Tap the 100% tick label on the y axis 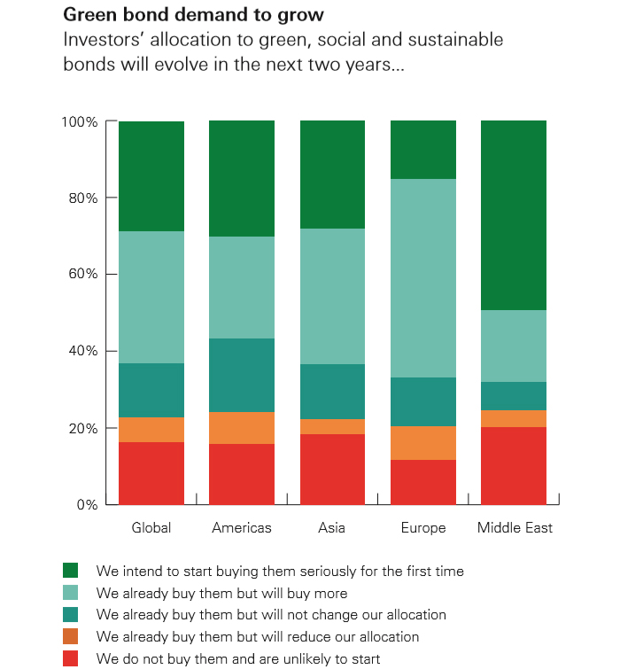tap(80, 121)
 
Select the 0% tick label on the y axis tap(87, 505)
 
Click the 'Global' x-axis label tap(151, 528)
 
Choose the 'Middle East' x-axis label tap(515, 528)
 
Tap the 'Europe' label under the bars tap(423, 528)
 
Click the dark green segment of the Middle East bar tap(514, 215)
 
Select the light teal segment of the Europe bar tap(423, 278)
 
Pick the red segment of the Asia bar tap(333, 470)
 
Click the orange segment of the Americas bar tap(242, 428)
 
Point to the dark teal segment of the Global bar tap(151, 390)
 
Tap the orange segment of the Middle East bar tap(514, 418)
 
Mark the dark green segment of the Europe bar tap(423, 150)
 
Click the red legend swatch tap(71, 658)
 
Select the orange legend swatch tap(71, 636)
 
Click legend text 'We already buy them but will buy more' tap(222, 593)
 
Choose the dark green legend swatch tap(71, 571)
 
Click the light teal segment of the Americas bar tap(242, 287)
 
